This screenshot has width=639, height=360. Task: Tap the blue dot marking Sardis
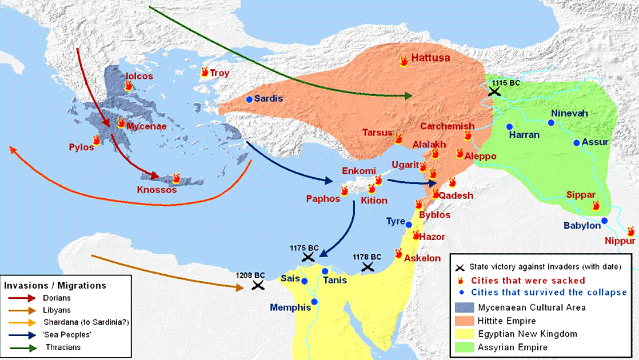tap(249, 99)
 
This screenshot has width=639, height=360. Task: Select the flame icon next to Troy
tap(205, 72)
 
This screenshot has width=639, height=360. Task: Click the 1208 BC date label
tap(250, 275)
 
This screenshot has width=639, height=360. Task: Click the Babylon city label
tap(582, 226)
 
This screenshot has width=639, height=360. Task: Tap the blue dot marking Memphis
tap(314, 301)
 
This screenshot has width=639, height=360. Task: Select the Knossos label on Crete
tap(157, 190)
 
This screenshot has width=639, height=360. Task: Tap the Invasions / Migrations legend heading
tap(55, 285)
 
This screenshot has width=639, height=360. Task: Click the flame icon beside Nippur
tap(631, 232)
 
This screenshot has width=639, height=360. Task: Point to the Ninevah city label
tap(569, 113)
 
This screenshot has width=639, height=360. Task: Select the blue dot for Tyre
tap(409, 225)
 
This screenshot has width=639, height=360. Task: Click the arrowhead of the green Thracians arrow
tap(408, 96)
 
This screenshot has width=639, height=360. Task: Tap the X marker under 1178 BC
tap(368, 267)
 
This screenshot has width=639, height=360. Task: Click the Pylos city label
tap(81, 147)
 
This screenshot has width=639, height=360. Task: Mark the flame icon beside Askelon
tap(398, 253)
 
